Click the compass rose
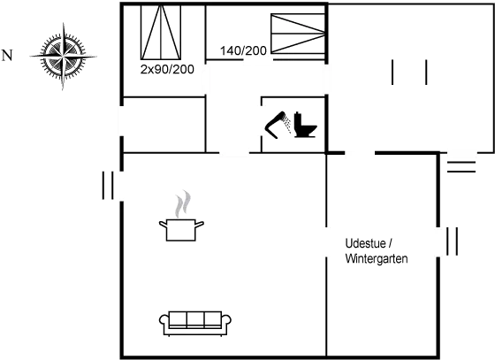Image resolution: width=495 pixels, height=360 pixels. point(63,57)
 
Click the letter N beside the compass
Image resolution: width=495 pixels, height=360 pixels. point(7,56)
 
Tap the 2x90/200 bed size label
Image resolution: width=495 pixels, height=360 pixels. point(167,70)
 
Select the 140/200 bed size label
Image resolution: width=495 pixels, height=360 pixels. point(243,50)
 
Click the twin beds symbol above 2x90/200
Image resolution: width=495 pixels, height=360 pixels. point(161,32)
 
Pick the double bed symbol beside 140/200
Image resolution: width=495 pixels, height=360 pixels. point(298,33)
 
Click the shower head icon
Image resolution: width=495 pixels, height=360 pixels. point(275,125)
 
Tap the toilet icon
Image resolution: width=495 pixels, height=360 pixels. point(305,125)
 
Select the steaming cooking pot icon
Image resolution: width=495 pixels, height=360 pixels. point(181,230)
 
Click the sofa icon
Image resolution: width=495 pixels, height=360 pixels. point(195,324)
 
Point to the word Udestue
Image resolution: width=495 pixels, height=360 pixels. point(365,243)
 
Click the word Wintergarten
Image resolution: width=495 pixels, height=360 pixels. point(377,258)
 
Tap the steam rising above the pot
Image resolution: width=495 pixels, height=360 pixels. point(183,204)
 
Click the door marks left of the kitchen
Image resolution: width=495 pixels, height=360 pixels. point(108,186)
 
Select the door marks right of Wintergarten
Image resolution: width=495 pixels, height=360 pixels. point(452,241)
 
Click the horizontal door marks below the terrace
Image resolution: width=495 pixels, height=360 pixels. point(461,167)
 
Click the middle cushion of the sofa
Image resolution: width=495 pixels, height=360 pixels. point(195,319)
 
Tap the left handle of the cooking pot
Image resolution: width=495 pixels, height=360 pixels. point(163,225)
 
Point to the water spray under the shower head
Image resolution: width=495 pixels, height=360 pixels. point(287,124)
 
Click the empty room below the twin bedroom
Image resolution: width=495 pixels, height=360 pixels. point(164,125)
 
